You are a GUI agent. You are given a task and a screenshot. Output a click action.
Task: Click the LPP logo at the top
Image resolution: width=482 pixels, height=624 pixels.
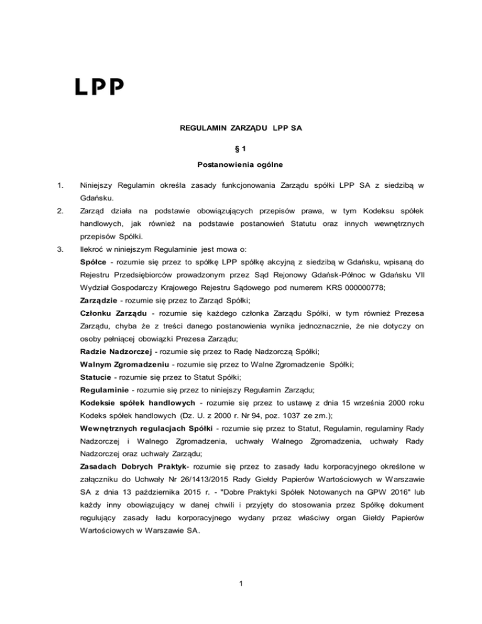100,86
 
